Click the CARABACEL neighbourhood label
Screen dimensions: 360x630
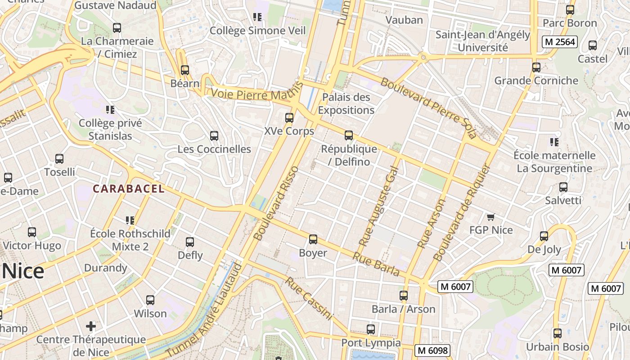click(x=129, y=189)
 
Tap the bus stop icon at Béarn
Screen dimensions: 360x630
click(x=184, y=70)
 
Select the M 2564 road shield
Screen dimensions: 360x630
click(x=559, y=42)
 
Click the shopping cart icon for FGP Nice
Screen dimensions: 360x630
click(x=490, y=217)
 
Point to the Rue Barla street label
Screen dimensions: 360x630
click(x=376, y=264)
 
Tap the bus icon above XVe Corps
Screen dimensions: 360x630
click(x=289, y=118)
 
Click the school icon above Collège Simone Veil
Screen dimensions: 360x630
click(x=257, y=17)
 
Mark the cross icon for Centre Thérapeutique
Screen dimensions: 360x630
click(x=91, y=326)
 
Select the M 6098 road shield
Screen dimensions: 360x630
click(x=432, y=350)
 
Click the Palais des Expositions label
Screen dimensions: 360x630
click(x=346, y=103)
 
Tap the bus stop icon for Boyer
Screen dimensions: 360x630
click(x=313, y=239)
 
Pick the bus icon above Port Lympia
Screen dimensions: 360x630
click(x=370, y=329)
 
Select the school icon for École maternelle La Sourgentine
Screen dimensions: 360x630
click(x=554, y=142)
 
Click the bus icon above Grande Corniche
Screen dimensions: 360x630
click(x=536, y=67)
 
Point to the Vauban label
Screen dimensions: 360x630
click(x=405, y=20)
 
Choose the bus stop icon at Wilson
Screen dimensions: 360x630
click(x=150, y=300)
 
